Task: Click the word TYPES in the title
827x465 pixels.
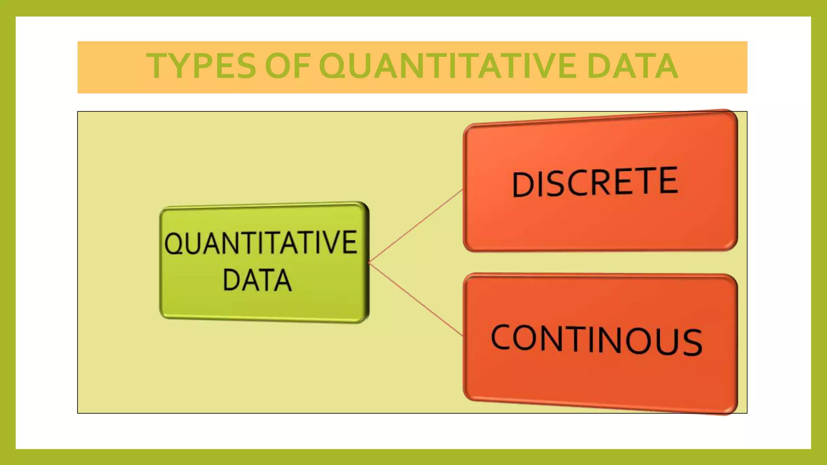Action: [x=201, y=66]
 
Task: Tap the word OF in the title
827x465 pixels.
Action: [x=287, y=66]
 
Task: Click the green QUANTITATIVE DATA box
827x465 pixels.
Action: [x=264, y=307]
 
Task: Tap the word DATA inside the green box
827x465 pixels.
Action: [x=257, y=280]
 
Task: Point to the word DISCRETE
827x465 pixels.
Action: [x=595, y=182]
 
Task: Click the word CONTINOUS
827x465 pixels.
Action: [x=596, y=340]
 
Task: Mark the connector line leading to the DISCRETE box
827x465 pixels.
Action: [x=416, y=226]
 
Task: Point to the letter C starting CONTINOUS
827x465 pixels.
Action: [x=502, y=337]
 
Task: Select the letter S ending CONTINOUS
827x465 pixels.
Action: [x=691, y=342]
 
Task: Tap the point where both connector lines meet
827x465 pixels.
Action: [x=369, y=262]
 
